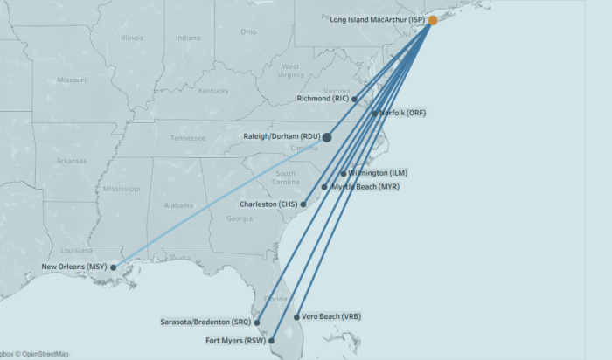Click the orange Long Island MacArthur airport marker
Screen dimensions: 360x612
pyautogui.click(x=433, y=19)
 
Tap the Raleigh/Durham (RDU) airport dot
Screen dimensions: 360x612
pyautogui.click(x=327, y=136)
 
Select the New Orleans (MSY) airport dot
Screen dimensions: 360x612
pyautogui.click(x=113, y=267)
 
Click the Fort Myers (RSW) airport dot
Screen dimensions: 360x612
pyautogui.click(x=272, y=340)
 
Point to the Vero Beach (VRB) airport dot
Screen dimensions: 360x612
pyautogui.click(x=297, y=316)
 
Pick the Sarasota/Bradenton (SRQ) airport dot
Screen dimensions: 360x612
pyautogui.click(x=257, y=322)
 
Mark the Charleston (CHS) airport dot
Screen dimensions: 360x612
pyautogui.click(x=303, y=204)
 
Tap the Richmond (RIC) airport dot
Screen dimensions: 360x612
pyautogui.click(x=354, y=99)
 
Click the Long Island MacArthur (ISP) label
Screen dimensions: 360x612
pyautogui.click(x=378, y=19)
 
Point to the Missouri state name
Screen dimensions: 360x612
pyautogui.click(x=72, y=80)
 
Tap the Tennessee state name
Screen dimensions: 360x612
pyautogui.click(x=187, y=138)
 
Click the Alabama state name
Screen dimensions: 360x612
pyautogui.click(x=178, y=205)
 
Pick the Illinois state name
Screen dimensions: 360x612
pyautogui.click(x=132, y=38)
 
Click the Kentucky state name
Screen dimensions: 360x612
pyautogui.click(x=212, y=91)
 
